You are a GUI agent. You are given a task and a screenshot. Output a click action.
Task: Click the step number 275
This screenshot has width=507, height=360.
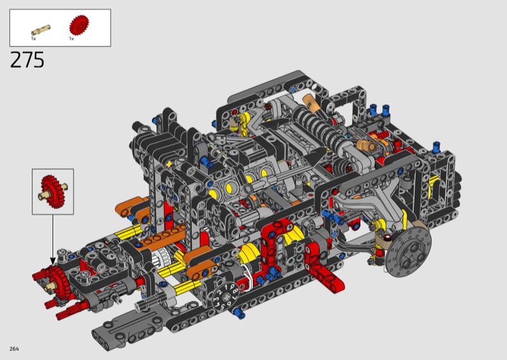[27, 60]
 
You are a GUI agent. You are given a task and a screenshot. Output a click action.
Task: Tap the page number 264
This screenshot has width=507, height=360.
[14, 349]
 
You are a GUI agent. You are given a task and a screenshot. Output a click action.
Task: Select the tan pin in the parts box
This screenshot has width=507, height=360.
[41, 30]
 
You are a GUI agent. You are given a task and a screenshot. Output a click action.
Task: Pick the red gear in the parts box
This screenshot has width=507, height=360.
[79, 25]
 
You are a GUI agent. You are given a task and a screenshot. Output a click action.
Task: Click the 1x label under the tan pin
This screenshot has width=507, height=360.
[34, 39]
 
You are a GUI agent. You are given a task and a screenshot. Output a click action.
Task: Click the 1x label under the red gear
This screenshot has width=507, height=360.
[72, 39]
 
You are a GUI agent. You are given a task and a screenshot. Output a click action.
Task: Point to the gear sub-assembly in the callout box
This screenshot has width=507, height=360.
[53, 191]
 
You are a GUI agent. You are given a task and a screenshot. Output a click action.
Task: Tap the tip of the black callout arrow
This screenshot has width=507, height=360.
[53, 265]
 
